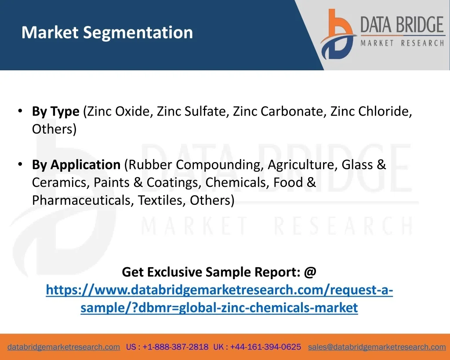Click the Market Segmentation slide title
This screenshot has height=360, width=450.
[107, 33]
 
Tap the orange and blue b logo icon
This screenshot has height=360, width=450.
[338, 34]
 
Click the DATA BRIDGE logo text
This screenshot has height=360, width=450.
[402, 25]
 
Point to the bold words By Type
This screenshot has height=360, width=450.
[56, 111]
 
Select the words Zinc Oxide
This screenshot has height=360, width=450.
[118, 111]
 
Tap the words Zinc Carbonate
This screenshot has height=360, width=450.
[278, 111]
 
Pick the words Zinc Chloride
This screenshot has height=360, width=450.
[369, 111]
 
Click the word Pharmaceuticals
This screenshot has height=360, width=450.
[81, 200]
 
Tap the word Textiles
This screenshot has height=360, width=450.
[160, 200]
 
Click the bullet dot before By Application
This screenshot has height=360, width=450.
[20, 164]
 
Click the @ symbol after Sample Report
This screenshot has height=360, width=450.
[310, 272]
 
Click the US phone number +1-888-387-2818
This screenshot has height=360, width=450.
[175, 347]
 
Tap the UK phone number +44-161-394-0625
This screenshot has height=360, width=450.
[265, 347]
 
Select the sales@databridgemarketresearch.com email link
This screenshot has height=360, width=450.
[377, 347]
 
